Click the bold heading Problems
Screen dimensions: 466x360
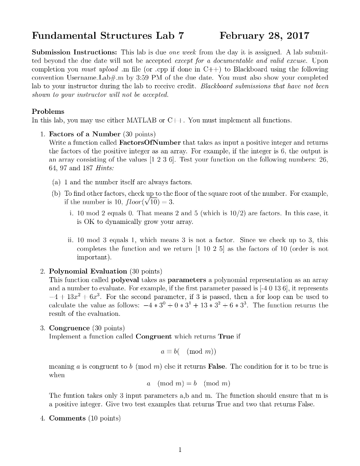click(48, 111)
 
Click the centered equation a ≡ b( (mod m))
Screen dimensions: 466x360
click(180, 353)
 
